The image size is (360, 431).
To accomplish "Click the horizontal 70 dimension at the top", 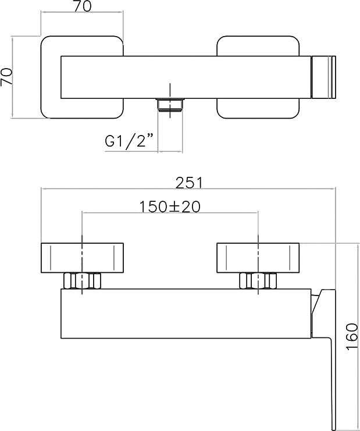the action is pyautogui.click(x=82, y=6).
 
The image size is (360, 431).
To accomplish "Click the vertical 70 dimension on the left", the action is pyautogui.click(x=6, y=77).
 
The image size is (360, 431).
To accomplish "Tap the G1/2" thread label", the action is pyautogui.click(x=129, y=141).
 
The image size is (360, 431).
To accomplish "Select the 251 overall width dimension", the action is pyautogui.click(x=189, y=183).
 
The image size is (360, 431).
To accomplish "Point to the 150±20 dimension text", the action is pyautogui.click(x=170, y=207).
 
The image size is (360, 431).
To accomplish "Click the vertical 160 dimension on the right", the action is pyautogui.click(x=352, y=336).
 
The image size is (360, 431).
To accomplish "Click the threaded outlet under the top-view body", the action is pyautogui.click(x=170, y=105).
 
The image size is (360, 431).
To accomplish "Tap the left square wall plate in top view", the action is pyautogui.click(x=82, y=77).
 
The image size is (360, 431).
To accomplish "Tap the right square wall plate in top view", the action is pyautogui.click(x=258, y=77).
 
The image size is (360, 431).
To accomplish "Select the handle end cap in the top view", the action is pyautogui.click(x=323, y=77).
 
